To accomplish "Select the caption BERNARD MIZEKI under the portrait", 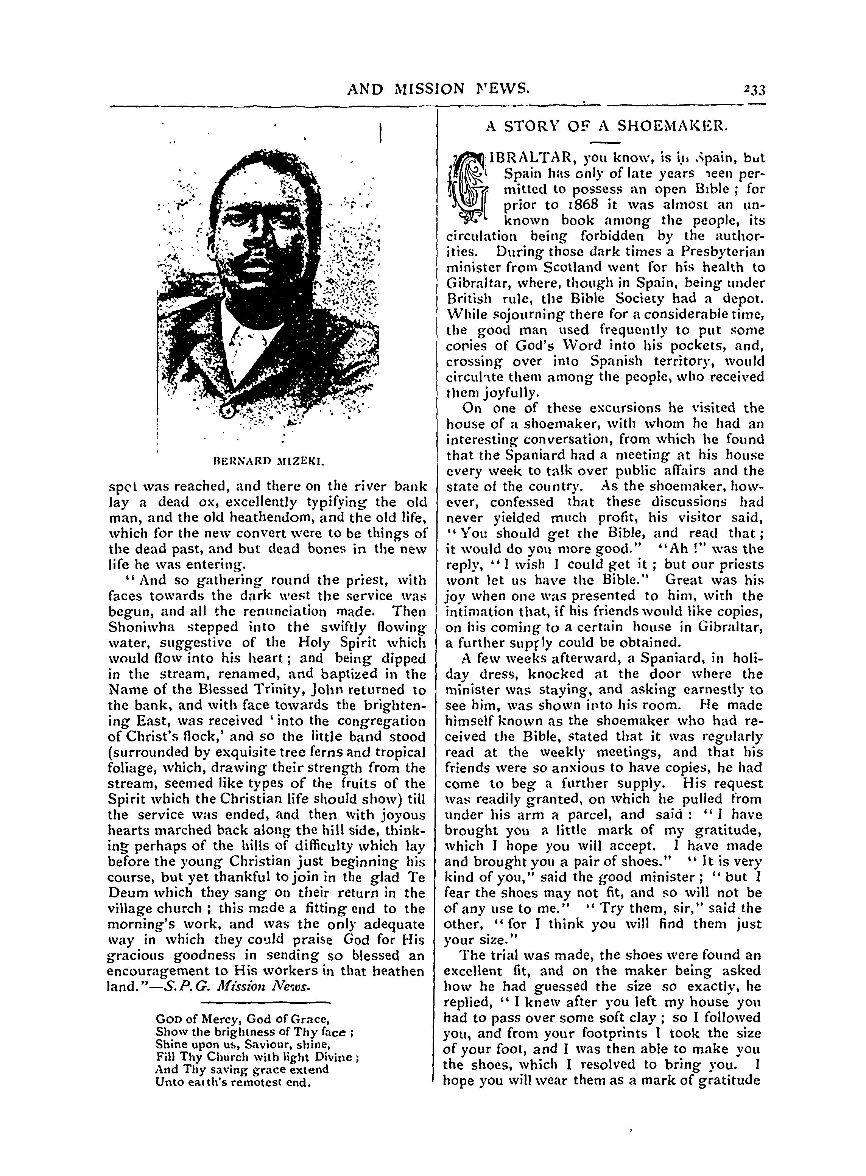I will tap(269, 462).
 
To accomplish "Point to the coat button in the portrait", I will tap(229, 413).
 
